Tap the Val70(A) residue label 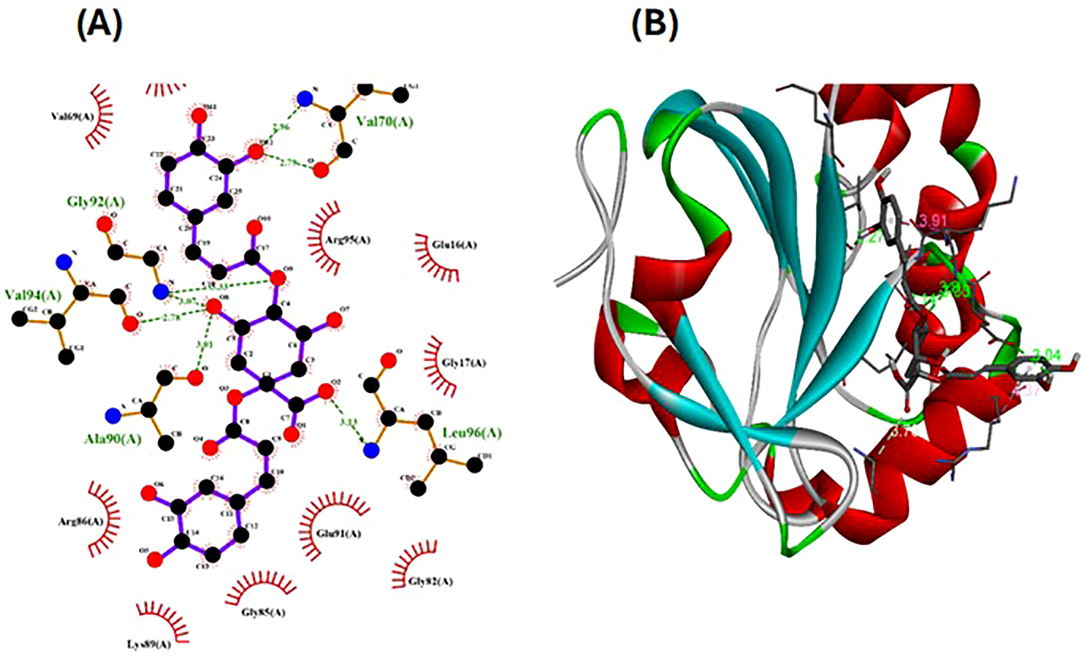point(385,122)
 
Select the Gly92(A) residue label point(96,202)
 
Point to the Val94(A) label point(33,295)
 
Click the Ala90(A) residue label point(113,439)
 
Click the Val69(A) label point(73,116)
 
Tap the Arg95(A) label point(347,241)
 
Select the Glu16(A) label point(454,245)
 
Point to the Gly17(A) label point(464,363)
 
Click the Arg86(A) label point(81,522)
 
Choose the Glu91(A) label point(338,534)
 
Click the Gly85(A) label point(264,613)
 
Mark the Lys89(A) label point(148,645)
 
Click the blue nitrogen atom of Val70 point(304,99)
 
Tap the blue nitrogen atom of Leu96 point(372,450)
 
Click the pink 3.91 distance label point(934,221)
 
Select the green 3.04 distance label point(1045,356)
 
